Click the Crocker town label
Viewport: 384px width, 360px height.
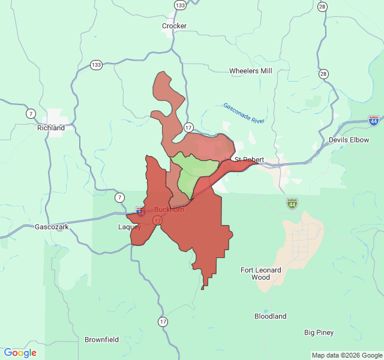pos(174,26)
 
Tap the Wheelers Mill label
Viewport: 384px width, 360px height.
pos(251,71)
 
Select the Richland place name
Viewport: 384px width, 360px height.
pos(50,128)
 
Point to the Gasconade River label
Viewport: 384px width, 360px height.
pos(244,113)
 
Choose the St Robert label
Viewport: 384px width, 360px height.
pos(249,160)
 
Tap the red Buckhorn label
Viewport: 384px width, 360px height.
pos(169,209)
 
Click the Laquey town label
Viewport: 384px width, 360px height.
pos(130,227)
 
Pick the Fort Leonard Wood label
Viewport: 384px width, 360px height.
pos(261,274)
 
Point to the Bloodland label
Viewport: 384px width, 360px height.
pos(270,316)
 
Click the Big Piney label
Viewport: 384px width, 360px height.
pos(319,332)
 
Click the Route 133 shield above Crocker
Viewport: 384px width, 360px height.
pos(180,5)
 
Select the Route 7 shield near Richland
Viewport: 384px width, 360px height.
pos(31,113)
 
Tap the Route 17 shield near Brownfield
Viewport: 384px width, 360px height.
pos(163,322)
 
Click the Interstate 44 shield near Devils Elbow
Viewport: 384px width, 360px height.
pos(374,121)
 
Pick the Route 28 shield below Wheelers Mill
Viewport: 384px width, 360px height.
pos(324,74)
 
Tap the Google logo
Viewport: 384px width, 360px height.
pos(20,353)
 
